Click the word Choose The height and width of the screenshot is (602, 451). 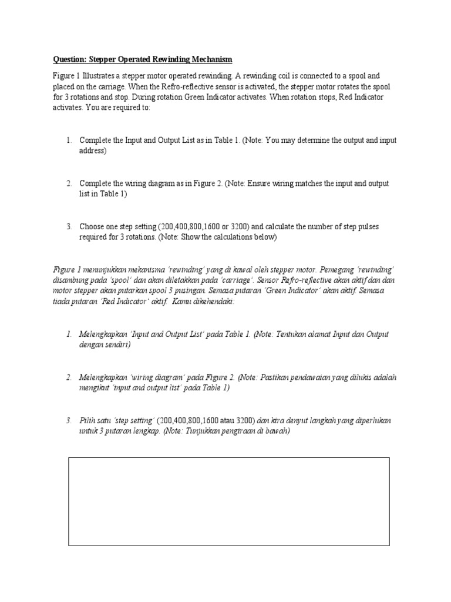click(92, 226)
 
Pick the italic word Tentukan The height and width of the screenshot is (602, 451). click(276, 335)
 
